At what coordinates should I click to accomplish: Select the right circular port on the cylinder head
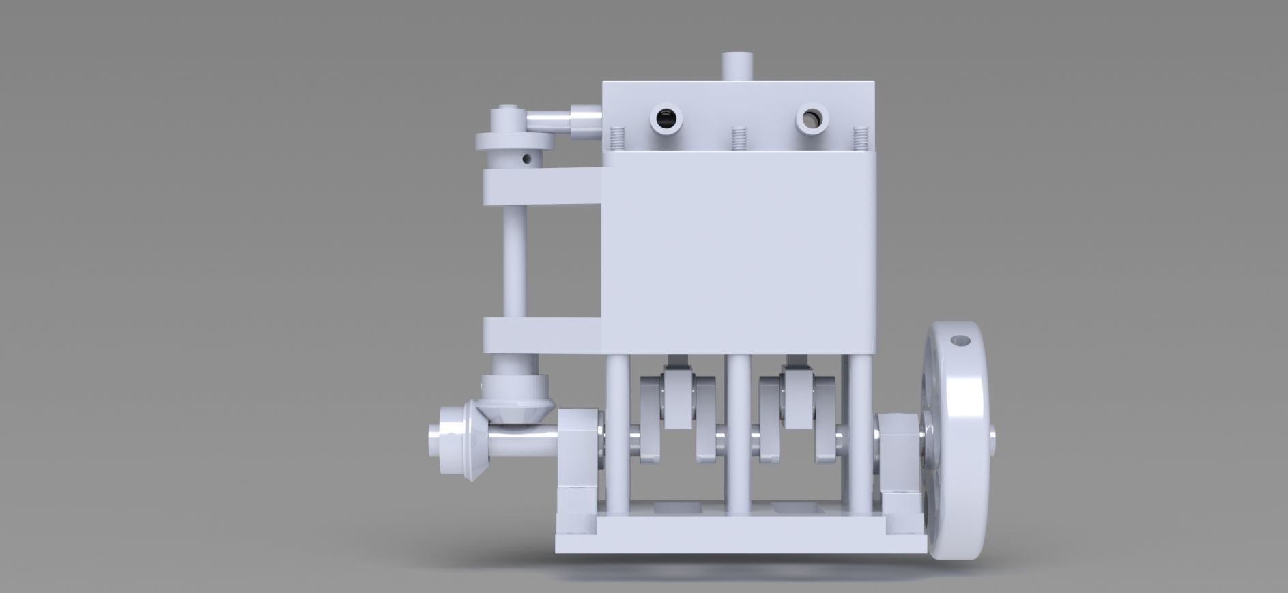pyautogui.click(x=811, y=118)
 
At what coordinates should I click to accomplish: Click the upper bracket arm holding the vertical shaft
pyautogui.click(x=543, y=188)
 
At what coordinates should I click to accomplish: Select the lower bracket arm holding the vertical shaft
pyautogui.click(x=543, y=334)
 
